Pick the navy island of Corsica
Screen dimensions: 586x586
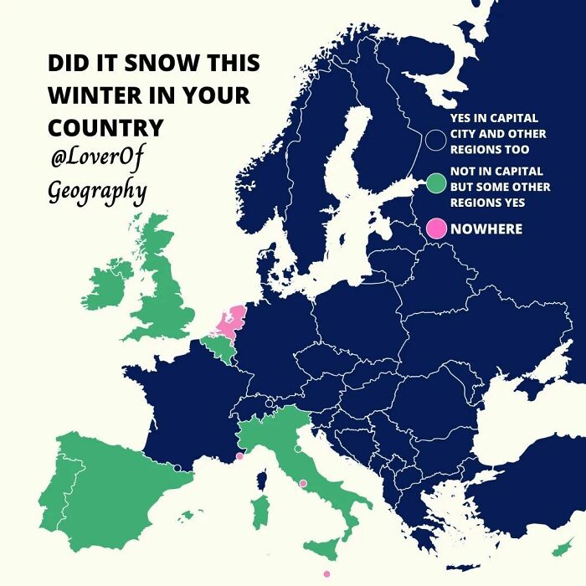[261, 480]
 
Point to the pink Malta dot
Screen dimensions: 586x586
[326, 573]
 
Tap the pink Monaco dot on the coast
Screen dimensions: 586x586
[240, 456]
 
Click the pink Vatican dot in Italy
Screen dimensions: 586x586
[303, 483]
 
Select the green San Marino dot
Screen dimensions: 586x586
[298, 450]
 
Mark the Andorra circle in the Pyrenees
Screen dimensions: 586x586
[177, 467]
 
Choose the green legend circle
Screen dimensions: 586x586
[435, 183]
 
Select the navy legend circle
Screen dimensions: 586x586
[435, 140]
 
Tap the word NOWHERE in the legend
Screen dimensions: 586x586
[486, 229]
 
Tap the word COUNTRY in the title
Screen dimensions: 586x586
[105, 127]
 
